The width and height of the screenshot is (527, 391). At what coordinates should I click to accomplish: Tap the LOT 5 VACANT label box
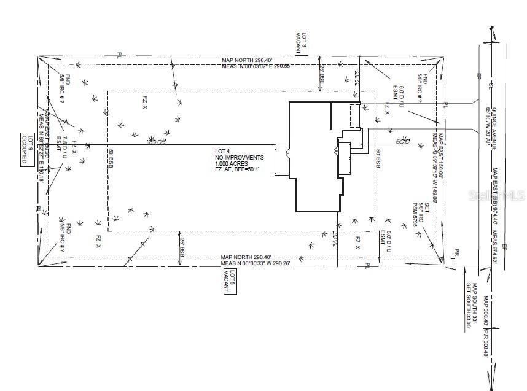[229, 282]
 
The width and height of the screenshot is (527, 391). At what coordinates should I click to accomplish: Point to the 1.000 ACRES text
[228, 164]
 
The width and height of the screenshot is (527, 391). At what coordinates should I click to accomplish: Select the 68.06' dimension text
[157, 142]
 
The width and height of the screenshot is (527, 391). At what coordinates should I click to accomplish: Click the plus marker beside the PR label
[453, 258]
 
